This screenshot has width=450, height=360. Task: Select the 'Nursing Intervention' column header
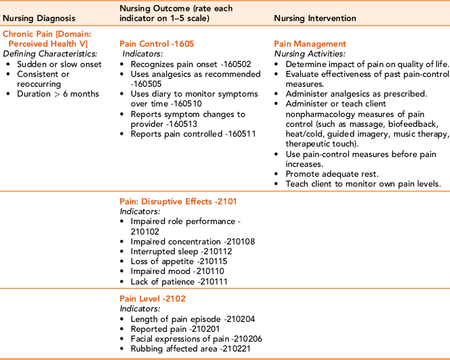pyautogui.click(x=315, y=18)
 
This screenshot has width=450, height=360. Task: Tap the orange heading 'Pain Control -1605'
pyautogui.click(x=156, y=44)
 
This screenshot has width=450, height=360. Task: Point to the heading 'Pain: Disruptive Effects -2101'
pyautogui.click(x=178, y=202)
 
